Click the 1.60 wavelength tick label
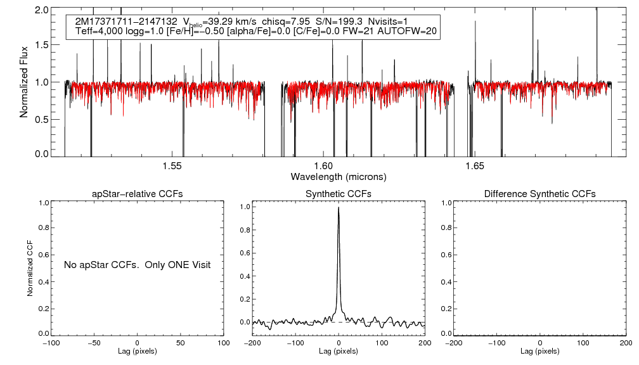(323, 166)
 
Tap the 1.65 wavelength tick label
(475, 166)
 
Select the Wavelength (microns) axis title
(339, 176)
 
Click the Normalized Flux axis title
(24, 82)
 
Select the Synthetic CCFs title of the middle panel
(339, 194)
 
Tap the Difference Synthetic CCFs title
(539, 194)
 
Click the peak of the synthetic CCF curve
(339, 207)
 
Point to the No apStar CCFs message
(137, 264)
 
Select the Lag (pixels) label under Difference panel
(539, 351)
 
